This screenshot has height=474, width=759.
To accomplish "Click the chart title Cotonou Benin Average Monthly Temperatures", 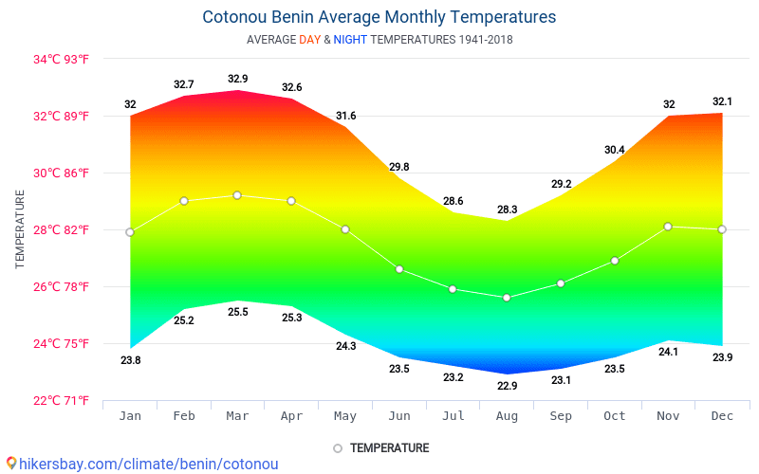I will [379, 17].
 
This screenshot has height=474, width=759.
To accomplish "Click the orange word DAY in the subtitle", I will [309, 40].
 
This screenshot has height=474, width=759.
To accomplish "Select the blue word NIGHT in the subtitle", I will [350, 40].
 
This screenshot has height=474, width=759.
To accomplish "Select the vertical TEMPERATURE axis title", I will [20, 228].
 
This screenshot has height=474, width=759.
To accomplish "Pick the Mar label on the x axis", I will [238, 416].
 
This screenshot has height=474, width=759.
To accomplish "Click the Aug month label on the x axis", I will [507, 416].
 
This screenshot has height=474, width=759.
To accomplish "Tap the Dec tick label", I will [722, 416].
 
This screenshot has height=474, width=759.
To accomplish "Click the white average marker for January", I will [130, 232].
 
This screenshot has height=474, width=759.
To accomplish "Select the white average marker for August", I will [507, 298].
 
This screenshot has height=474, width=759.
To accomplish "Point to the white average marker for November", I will [668, 227].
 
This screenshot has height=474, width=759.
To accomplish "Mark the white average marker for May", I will [345, 229].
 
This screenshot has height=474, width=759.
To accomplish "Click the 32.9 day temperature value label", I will [238, 79].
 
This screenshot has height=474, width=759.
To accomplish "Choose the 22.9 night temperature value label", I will [507, 386].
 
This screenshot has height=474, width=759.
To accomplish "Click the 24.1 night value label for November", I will [668, 352].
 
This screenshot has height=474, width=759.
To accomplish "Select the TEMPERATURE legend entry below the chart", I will [389, 447].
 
